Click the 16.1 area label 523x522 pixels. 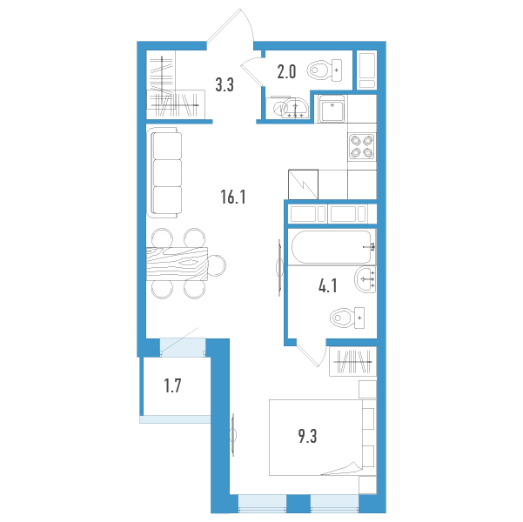click(233, 197)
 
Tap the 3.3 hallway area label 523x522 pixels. click(225, 84)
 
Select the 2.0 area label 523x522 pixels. click(286, 71)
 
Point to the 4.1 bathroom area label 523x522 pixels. click(327, 286)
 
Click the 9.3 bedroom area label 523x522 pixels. click(307, 436)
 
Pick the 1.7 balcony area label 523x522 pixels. click(172, 385)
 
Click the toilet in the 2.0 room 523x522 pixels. click(325, 70)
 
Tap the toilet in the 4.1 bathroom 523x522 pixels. click(347, 318)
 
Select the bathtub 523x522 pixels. click(332, 247)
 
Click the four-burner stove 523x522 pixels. click(362, 147)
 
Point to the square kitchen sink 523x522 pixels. click(332, 109)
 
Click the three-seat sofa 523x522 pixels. click(164, 173)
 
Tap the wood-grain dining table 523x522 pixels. click(178, 264)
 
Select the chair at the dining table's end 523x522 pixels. click(218, 265)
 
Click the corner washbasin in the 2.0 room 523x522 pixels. click(292, 108)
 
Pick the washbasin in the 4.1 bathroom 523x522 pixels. click(365, 279)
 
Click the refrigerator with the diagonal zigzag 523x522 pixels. click(303, 184)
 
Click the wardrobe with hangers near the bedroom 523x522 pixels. click(353, 362)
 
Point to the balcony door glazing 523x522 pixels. click(183, 347)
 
